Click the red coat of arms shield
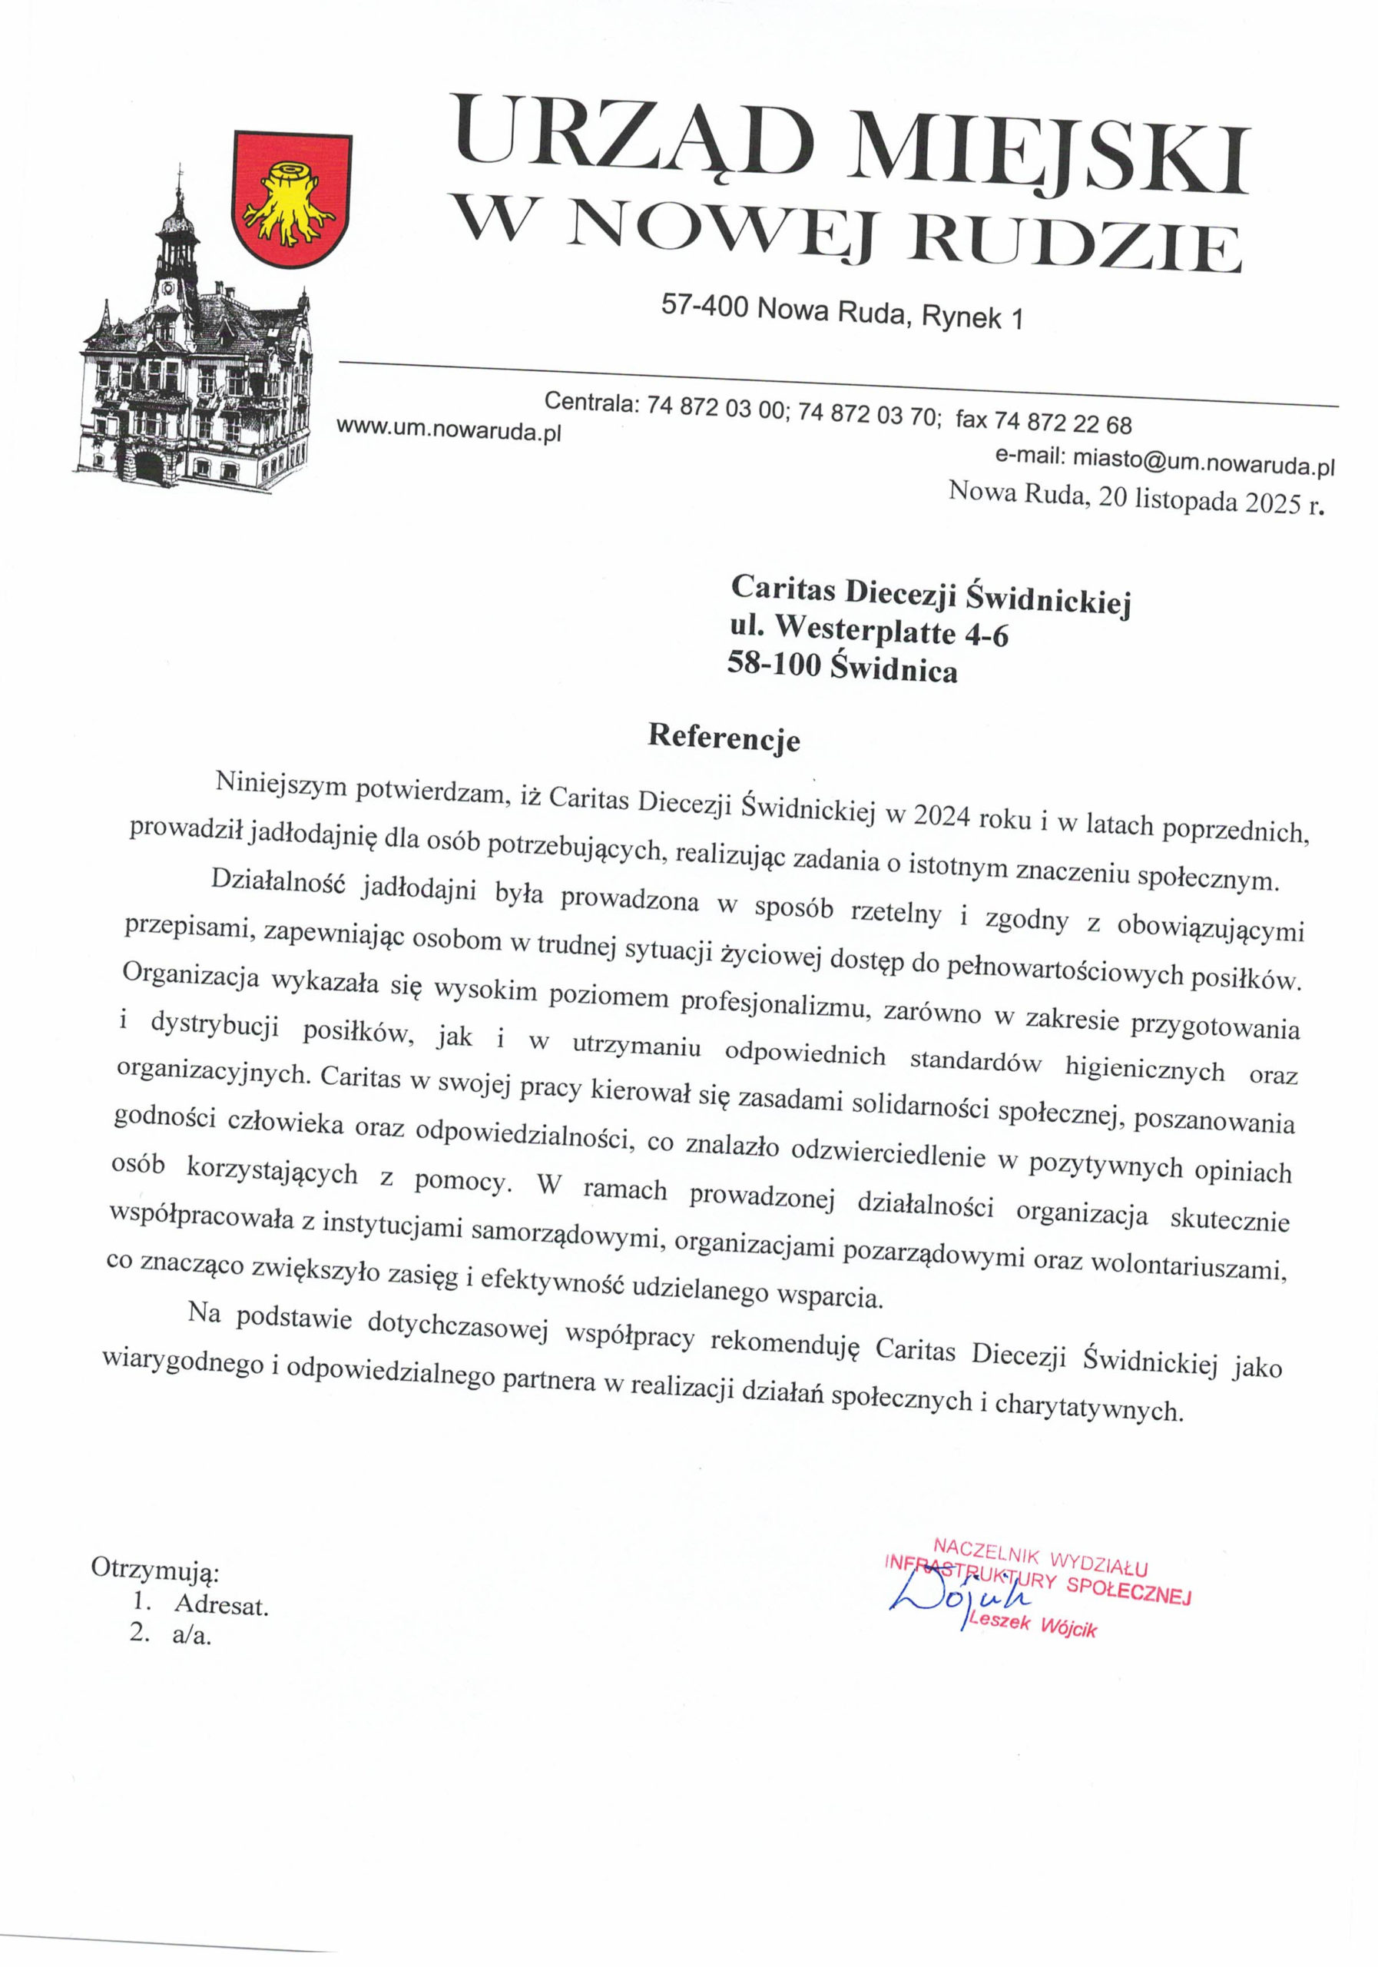click(292, 200)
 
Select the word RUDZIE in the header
click(1074, 245)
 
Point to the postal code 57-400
click(705, 305)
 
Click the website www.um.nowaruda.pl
click(449, 430)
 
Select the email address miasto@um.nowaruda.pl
click(1204, 463)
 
